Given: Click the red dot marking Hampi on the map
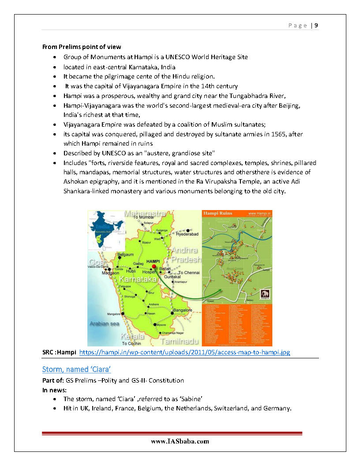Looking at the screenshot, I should click(154, 267).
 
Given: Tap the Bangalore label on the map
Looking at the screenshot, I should click(182, 310).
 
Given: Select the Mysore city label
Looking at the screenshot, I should click(161, 325).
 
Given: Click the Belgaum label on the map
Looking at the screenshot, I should click(126, 255).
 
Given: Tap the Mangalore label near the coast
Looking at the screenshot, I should click(113, 314).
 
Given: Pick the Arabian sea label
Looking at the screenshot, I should click(105, 323).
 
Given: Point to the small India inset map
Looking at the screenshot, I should click(105, 227).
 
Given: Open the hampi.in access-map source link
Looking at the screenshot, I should click(184, 352).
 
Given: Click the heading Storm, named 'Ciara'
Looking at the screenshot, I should click(76, 369).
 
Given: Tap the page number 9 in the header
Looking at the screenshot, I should click(316, 25).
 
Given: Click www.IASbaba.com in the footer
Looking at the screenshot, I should click(180, 441).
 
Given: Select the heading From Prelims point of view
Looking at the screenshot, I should click(82, 47).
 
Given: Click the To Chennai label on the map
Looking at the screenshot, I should click(189, 273).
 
